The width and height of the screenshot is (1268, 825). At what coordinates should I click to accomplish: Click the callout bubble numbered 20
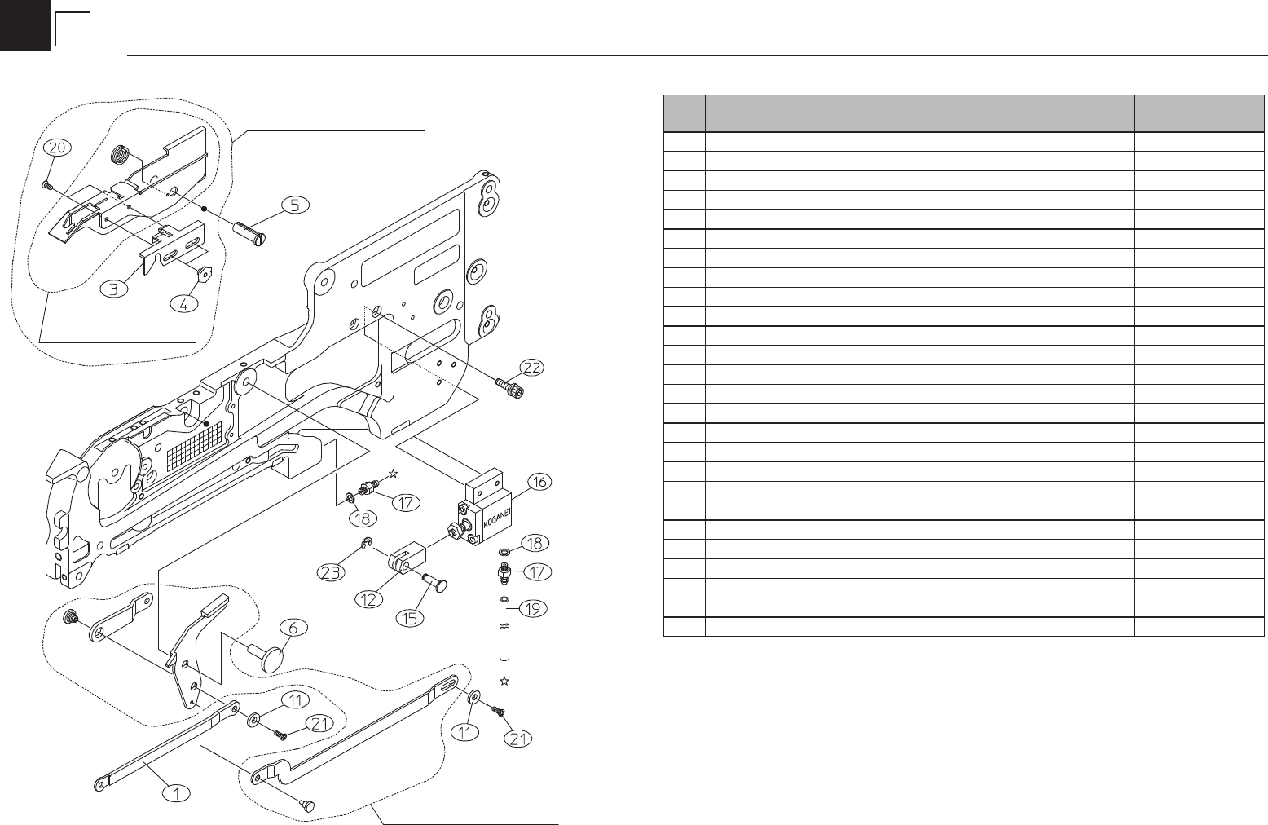coord(57,148)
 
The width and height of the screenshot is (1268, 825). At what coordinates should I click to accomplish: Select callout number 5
coord(295,205)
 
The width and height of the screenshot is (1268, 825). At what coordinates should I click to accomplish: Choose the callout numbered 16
coord(539,482)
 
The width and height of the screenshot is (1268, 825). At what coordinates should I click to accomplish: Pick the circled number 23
coord(330,573)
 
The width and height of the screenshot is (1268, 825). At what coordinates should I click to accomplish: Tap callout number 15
coord(410,617)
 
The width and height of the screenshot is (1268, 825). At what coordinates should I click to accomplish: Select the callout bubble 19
coord(535,608)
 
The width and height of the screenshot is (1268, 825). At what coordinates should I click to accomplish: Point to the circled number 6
coord(294,628)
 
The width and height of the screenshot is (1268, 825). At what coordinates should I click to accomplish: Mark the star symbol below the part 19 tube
coord(504,680)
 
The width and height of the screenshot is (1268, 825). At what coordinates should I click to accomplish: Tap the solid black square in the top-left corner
coord(24,24)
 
